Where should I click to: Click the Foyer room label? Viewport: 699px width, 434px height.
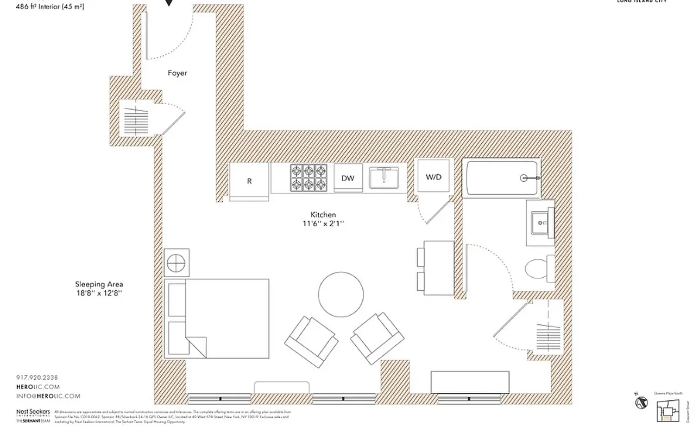pyautogui.click(x=177, y=73)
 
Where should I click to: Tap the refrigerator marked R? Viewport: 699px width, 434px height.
pyautogui.click(x=249, y=181)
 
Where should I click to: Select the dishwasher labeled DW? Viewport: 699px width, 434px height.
pyautogui.click(x=348, y=178)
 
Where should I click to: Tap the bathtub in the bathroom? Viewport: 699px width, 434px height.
pyautogui.click(x=500, y=177)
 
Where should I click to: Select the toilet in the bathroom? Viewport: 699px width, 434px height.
pyautogui.click(x=540, y=268)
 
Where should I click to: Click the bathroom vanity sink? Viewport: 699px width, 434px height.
pyautogui.click(x=540, y=222)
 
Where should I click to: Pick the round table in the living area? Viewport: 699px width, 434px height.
pyautogui.click(x=341, y=295)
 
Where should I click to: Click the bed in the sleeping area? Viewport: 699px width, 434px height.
pyautogui.click(x=217, y=318)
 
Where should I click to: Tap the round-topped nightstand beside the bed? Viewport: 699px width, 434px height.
pyautogui.click(x=177, y=263)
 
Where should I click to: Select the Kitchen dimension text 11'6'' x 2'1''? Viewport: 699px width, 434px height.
pyautogui.click(x=323, y=223)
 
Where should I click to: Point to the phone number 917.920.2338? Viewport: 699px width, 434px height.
pyautogui.click(x=37, y=377)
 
